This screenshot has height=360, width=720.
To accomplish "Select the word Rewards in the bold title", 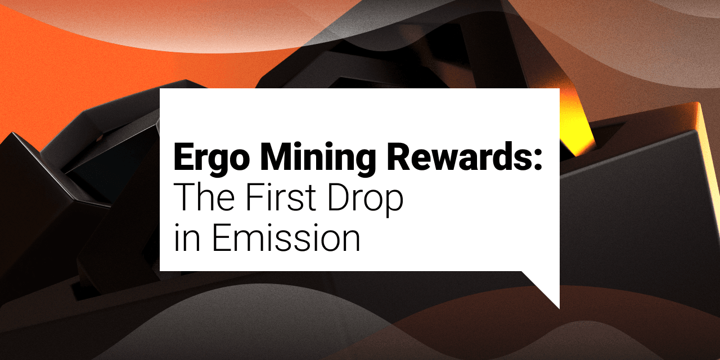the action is pos(457,156).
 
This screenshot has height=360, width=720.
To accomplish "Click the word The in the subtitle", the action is pos(204,197).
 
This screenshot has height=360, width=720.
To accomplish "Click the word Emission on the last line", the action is pos(286,237).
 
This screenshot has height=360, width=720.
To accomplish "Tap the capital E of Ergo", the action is pos(184,156).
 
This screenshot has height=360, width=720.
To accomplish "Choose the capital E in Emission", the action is pos(222,237).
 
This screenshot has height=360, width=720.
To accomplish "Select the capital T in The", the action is pos(184,197).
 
